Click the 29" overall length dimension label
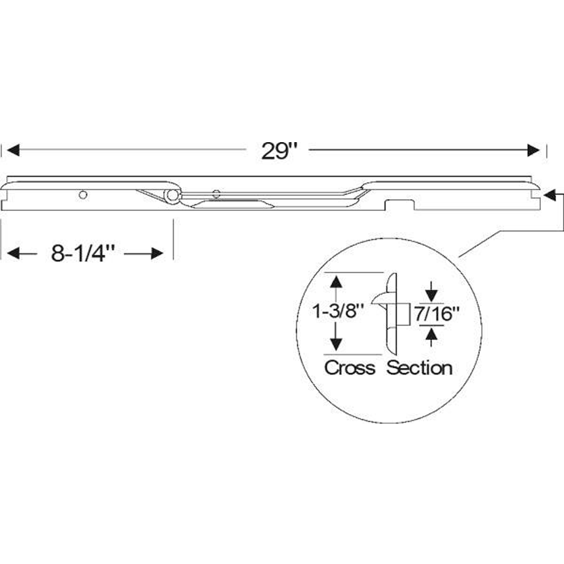[280, 151]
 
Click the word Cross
[350, 368]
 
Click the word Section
[420, 368]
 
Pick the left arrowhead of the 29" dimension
[13, 151]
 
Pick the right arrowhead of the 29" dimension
[534, 151]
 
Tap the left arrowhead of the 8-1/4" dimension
[13, 253]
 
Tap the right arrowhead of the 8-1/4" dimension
[157, 253]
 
